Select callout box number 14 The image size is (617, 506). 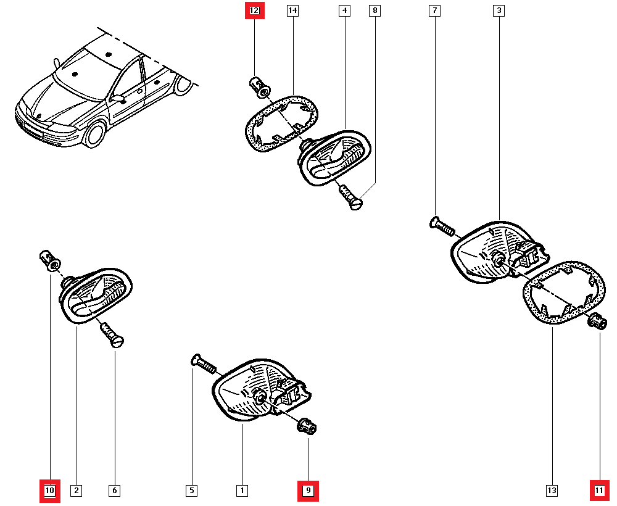(292, 10)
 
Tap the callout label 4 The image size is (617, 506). (344, 10)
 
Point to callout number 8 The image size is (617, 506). (375, 10)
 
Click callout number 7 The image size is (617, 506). (435, 10)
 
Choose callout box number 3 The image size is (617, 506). (499, 10)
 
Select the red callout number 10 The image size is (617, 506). (50, 491)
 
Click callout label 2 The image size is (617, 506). (76, 491)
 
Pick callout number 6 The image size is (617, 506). (114, 491)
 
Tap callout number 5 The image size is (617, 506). (192, 491)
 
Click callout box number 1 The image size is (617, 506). (242, 491)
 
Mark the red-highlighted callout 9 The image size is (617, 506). (308, 491)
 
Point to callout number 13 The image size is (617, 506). (552, 491)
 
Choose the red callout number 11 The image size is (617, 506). (599, 491)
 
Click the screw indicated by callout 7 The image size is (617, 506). (442, 226)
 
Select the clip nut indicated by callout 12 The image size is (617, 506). (259, 86)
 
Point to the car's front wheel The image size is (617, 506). (94, 135)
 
